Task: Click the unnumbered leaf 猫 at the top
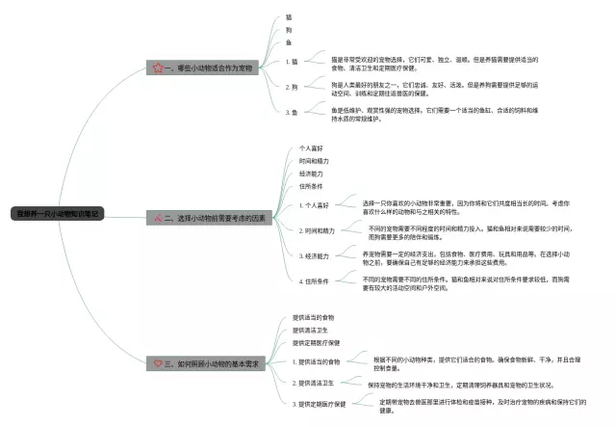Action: tap(289, 16)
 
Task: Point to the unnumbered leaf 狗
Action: tap(289, 30)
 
